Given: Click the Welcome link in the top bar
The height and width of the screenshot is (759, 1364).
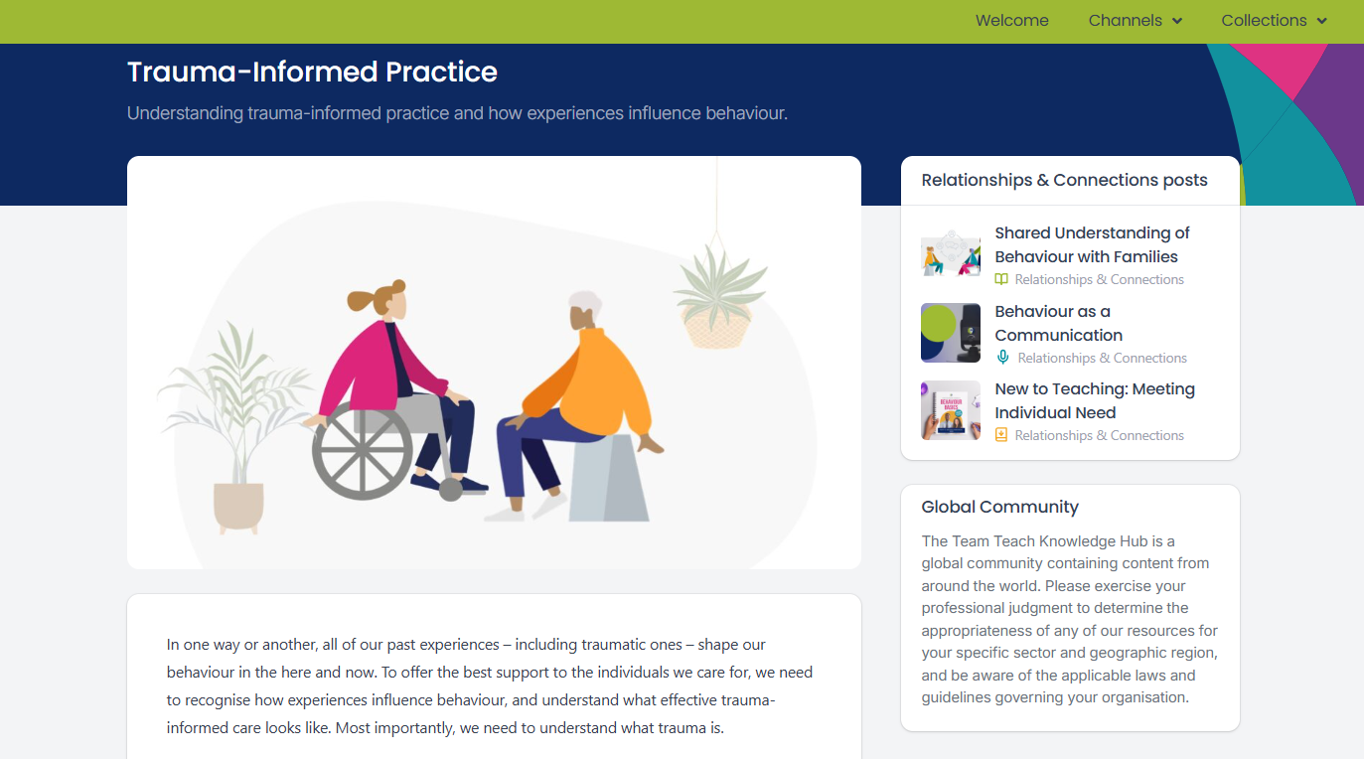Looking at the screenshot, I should [1011, 21].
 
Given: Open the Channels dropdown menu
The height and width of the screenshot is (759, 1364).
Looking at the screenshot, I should [1135, 21].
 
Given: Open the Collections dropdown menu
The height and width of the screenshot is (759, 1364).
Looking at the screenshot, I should [1274, 21].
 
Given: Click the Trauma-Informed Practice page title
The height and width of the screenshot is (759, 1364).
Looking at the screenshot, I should [312, 73].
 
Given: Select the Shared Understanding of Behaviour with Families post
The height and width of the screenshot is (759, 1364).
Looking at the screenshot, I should [1092, 244].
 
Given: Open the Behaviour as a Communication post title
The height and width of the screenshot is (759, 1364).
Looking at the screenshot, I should [1058, 323].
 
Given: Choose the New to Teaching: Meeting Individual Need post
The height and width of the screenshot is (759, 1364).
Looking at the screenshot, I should [1094, 400].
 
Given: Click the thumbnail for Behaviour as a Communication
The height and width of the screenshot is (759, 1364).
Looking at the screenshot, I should [951, 333].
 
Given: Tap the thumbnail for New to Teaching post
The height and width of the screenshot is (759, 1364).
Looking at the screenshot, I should [951, 410].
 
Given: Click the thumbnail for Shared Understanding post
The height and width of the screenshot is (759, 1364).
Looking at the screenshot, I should [951, 255].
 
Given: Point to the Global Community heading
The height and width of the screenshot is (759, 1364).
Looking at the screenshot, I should [999, 507].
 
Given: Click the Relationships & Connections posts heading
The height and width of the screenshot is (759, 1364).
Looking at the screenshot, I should [1064, 181].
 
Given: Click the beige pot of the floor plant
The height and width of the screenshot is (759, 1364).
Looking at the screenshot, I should [238, 506].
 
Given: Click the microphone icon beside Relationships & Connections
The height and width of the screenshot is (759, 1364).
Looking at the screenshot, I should [1002, 358].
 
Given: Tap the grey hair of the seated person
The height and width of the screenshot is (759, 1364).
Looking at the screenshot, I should [585, 302].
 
